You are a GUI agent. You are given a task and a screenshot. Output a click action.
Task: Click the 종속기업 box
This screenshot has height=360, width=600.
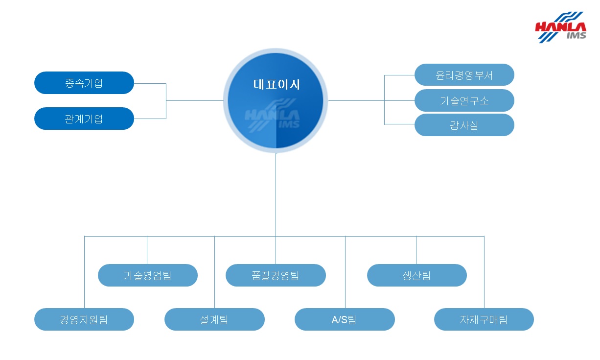click(x=84, y=83)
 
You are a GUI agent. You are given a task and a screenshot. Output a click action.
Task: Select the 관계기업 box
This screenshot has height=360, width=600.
click(x=84, y=119)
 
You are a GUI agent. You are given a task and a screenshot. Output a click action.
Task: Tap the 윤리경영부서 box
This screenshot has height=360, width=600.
click(x=464, y=75)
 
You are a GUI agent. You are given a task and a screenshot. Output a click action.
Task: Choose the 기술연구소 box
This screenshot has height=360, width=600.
click(x=464, y=100)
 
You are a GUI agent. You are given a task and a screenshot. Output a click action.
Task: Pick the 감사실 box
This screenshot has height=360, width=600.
click(x=464, y=125)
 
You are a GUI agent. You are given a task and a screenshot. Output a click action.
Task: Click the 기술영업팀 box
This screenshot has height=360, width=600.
click(x=147, y=275)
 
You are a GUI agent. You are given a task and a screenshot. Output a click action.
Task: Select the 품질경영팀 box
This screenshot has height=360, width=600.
click(x=276, y=275)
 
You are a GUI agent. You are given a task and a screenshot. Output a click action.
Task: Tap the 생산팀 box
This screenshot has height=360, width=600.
click(x=416, y=275)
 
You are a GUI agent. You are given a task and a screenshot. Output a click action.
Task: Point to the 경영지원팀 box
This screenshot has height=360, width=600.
click(x=84, y=319)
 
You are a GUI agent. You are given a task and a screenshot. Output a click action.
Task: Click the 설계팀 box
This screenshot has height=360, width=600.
click(x=214, y=319)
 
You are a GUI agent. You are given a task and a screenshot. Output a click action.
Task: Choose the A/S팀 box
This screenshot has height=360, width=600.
click(x=345, y=319)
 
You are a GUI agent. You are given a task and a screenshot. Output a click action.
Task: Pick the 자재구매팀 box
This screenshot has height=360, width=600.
click(x=484, y=319)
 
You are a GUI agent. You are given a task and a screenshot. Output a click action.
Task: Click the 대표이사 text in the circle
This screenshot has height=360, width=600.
click(x=277, y=84)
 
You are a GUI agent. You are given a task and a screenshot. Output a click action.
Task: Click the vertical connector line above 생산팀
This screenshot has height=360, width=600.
click(x=416, y=250)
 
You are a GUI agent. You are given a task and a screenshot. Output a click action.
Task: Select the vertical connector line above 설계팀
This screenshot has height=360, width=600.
click(x=214, y=272)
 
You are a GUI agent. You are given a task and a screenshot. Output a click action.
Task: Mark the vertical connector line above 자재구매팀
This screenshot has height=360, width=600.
click(x=484, y=272)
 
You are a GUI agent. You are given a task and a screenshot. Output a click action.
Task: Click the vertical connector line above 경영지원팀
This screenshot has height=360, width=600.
click(x=85, y=272)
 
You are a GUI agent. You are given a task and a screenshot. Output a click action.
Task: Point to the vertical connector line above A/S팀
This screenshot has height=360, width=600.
click(x=345, y=272)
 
